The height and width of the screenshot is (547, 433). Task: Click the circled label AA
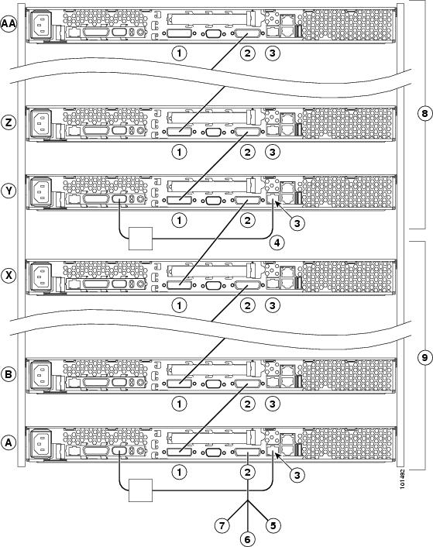click(9, 24)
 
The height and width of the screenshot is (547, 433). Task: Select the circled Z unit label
click(9, 122)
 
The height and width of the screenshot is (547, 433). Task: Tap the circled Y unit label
click(9, 191)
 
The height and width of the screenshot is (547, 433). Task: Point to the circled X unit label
click(9, 275)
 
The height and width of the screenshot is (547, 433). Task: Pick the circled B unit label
click(9, 374)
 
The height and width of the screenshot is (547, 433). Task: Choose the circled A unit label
click(9, 442)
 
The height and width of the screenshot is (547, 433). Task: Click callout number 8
click(424, 113)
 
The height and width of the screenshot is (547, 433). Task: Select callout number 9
click(424, 358)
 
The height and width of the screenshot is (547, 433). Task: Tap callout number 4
click(277, 243)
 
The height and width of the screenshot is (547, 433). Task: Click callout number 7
click(222, 525)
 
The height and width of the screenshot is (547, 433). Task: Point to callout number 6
click(247, 539)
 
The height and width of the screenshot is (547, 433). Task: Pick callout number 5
click(273, 525)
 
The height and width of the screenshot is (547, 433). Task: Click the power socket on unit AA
click(42, 25)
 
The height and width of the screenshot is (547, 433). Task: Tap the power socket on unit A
click(42, 443)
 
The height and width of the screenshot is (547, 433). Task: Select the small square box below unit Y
click(140, 239)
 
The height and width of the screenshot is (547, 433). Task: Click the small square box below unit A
click(140, 490)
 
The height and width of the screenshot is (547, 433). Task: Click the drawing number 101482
click(402, 479)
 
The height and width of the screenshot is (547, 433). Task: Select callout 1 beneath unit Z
click(179, 152)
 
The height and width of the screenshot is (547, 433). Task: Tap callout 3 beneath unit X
click(273, 305)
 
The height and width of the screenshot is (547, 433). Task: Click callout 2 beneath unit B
click(247, 404)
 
